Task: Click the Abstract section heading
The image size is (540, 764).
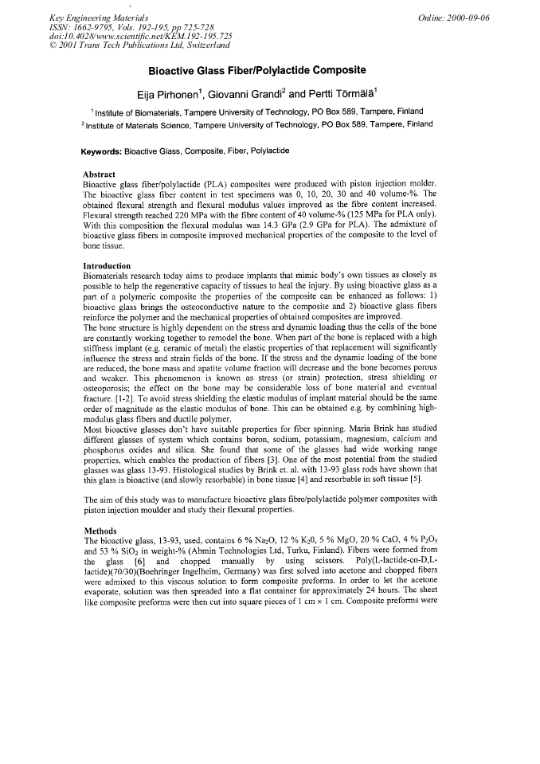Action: coord(100,174)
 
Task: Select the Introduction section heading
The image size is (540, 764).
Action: coord(108,265)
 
